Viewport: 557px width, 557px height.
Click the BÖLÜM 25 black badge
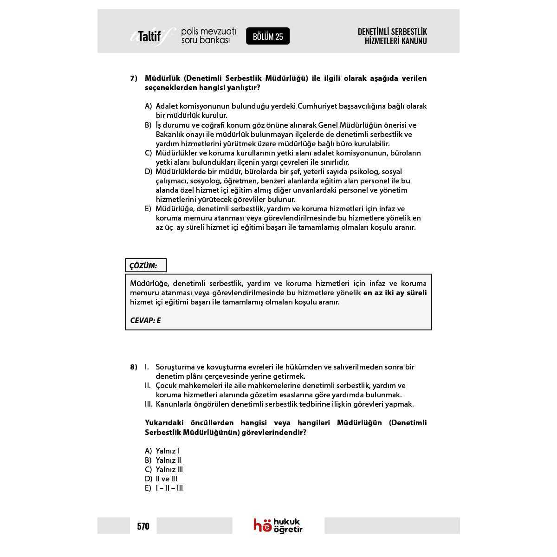click(268, 36)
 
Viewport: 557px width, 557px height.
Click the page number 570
click(143, 526)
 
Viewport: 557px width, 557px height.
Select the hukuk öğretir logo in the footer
click(278, 525)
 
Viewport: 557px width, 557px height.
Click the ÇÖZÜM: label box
click(146, 266)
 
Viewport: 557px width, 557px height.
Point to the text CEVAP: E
click(145, 320)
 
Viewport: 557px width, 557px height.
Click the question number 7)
click(134, 78)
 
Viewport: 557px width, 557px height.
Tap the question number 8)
click(134, 367)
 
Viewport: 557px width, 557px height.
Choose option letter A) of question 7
click(149, 106)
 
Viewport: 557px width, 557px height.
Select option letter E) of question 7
click(148, 208)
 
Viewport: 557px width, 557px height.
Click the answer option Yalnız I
click(167, 451)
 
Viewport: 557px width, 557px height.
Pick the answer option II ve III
click(167, 479)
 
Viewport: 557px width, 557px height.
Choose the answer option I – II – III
click(169, 488)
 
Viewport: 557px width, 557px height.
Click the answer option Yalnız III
click(169, 469)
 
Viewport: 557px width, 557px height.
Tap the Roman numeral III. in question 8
click(149, 404)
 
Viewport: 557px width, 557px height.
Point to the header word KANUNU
click(415, 41)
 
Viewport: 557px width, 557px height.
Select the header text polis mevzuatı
click(208, 32)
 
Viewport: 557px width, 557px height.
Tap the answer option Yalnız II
click(168, 460)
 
